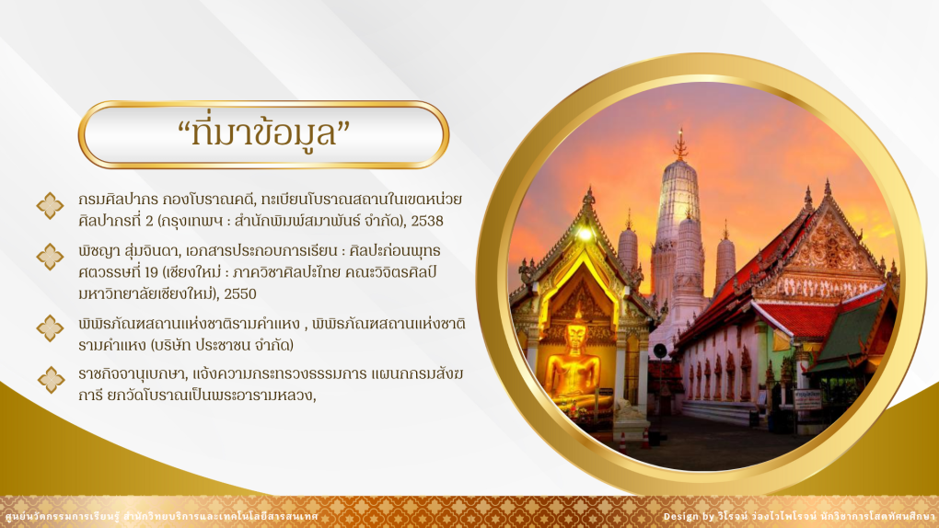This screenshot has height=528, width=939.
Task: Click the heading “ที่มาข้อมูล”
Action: pos(263,132)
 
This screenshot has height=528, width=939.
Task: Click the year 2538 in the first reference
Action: pos(427,221)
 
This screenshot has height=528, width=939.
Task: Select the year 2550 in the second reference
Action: pos(240,294)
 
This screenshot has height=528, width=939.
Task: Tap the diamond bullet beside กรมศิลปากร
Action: pos(51,206)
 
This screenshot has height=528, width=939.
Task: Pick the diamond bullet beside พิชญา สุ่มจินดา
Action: pos(51,257)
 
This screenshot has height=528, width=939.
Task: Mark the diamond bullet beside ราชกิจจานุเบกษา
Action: pos(51,380)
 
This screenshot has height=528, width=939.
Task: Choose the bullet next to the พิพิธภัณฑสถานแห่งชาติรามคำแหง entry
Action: pos(51,328)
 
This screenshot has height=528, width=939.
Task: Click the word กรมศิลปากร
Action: pos(118,200)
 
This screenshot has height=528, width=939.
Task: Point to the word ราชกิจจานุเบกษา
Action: pos(133,374)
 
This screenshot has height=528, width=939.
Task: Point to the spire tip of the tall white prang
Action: pos(679,130)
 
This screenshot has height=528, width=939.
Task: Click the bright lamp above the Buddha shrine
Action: pos(584,235)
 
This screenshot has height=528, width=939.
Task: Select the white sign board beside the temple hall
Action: pos(807,399)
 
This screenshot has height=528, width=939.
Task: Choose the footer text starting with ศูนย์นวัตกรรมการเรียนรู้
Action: pos(161,516)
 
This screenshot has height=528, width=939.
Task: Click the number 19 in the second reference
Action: pos(151,272)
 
